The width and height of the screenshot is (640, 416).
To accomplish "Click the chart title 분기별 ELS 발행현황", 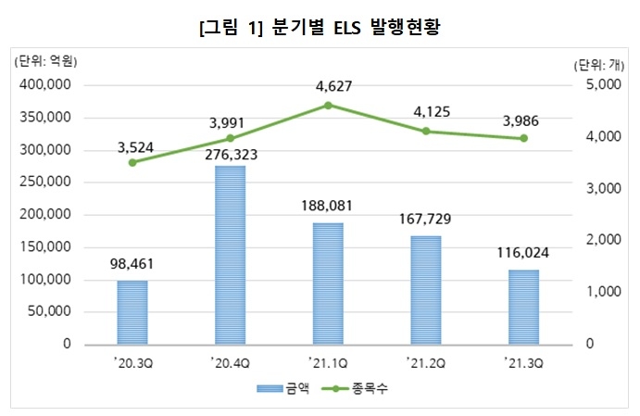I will (x=320, y=27).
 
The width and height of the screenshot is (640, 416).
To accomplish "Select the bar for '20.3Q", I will (x=132, y=311).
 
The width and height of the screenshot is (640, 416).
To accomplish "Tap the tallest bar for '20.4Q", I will (x=230, y=255).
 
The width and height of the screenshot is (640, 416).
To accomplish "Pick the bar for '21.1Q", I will (x=328, y=283).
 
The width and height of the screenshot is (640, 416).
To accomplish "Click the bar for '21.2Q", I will (x=426, y=289).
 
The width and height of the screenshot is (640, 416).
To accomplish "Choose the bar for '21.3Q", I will (x=524, y=307).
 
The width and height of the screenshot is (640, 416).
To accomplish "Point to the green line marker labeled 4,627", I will (x=328, y=105).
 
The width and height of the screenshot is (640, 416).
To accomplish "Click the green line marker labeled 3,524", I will (x=132, y=162).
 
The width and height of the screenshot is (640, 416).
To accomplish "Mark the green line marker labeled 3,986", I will (x=524, y=138).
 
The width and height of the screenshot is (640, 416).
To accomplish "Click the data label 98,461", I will (x=132, y=264).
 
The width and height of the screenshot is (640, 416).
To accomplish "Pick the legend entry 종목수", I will (x=364, y=389).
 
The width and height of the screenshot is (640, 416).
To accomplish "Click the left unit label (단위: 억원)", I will (x=44, y=62).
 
